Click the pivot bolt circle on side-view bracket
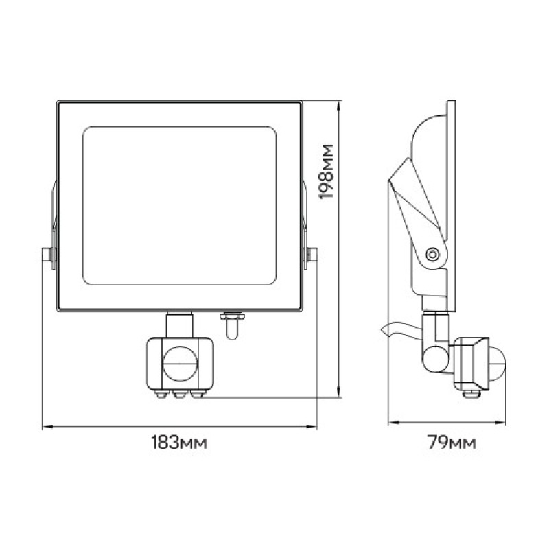432,253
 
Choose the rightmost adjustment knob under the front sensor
198,395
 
